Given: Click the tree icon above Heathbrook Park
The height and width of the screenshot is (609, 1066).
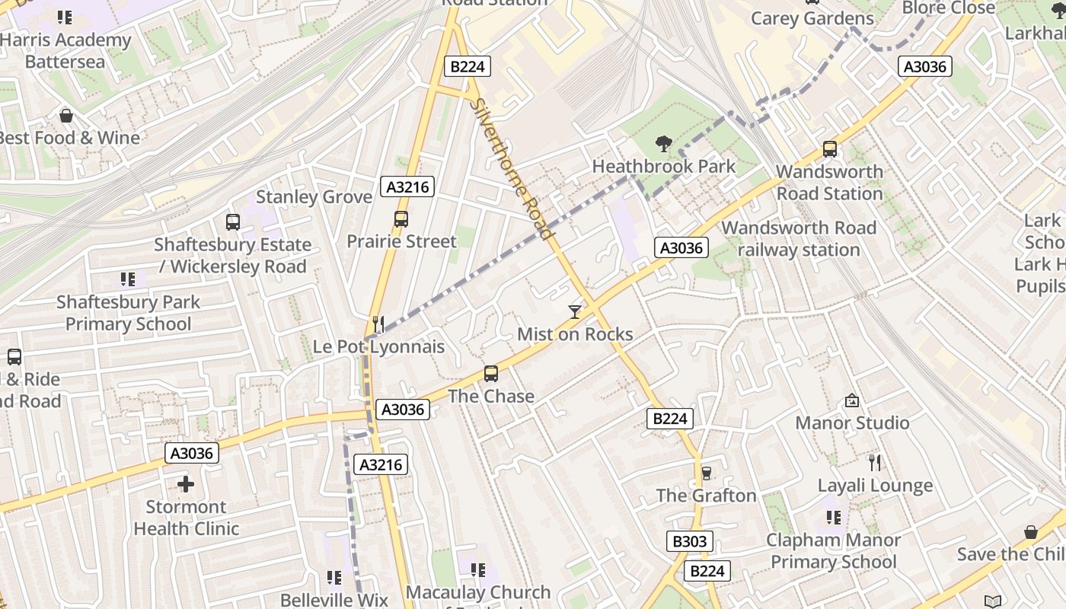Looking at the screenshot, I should [x=664, y=143].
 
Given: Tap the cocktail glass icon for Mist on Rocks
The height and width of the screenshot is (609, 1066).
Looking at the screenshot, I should [x=575, y=311].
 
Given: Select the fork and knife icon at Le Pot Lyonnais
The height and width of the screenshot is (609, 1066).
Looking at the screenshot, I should [x=378, y=324].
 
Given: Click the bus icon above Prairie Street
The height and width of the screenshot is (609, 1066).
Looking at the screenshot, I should [x=401, y=219].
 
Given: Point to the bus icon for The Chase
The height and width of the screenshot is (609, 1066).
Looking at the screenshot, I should [x=491, y=374].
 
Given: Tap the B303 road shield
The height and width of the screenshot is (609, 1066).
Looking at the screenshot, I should [x=690, y=541].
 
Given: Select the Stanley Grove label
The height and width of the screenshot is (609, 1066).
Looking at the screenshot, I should [x=314, y=196].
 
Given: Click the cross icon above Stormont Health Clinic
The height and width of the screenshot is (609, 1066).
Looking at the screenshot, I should [x=186, y=484].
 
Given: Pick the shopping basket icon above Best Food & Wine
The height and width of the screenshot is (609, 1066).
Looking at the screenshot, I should [x=66, y=116].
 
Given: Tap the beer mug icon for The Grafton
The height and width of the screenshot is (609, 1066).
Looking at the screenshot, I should [x=706, y=473].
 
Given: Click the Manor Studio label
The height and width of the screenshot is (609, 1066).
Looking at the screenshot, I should [x=852, y=422].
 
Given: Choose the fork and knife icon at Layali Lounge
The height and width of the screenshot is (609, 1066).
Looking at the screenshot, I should [x=875, y=462].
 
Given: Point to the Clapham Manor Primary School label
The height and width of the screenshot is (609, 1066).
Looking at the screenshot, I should [x=833, y=551].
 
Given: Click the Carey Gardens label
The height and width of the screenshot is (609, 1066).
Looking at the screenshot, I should [x=812, y=18].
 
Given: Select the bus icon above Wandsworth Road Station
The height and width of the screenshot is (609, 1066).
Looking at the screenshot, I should [x=830, y=149].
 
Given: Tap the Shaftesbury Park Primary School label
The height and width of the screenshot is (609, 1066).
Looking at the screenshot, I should [x=128, y=313].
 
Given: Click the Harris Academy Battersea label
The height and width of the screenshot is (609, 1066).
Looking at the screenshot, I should [x=65, y=50].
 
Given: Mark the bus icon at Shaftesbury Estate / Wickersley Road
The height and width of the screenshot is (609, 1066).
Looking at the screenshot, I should [x=233, y=222].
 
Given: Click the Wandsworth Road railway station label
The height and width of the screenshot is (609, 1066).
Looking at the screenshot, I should [x=799, y=238].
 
